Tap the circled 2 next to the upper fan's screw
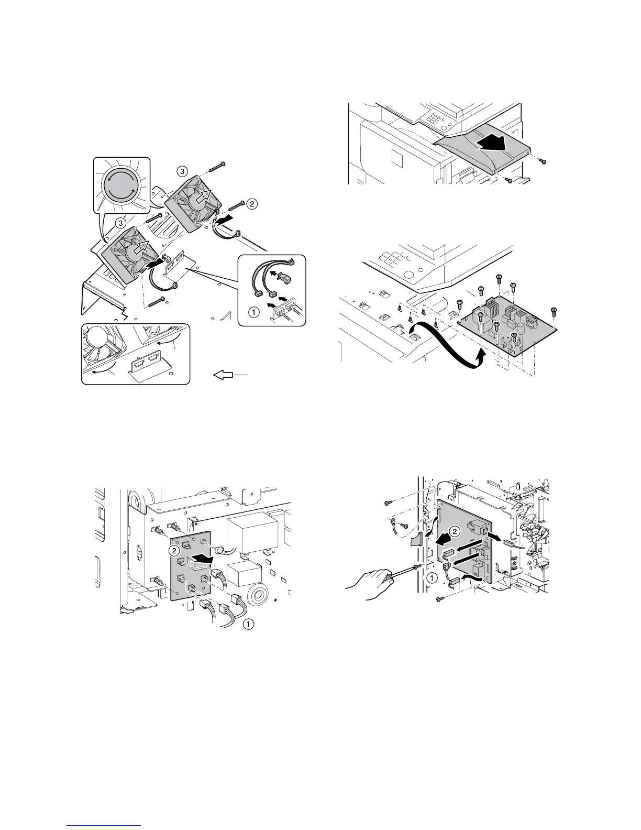[252, 204]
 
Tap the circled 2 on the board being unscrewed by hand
[455, 531]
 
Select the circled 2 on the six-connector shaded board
[174, 550]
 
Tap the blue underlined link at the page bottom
[105, 825]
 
